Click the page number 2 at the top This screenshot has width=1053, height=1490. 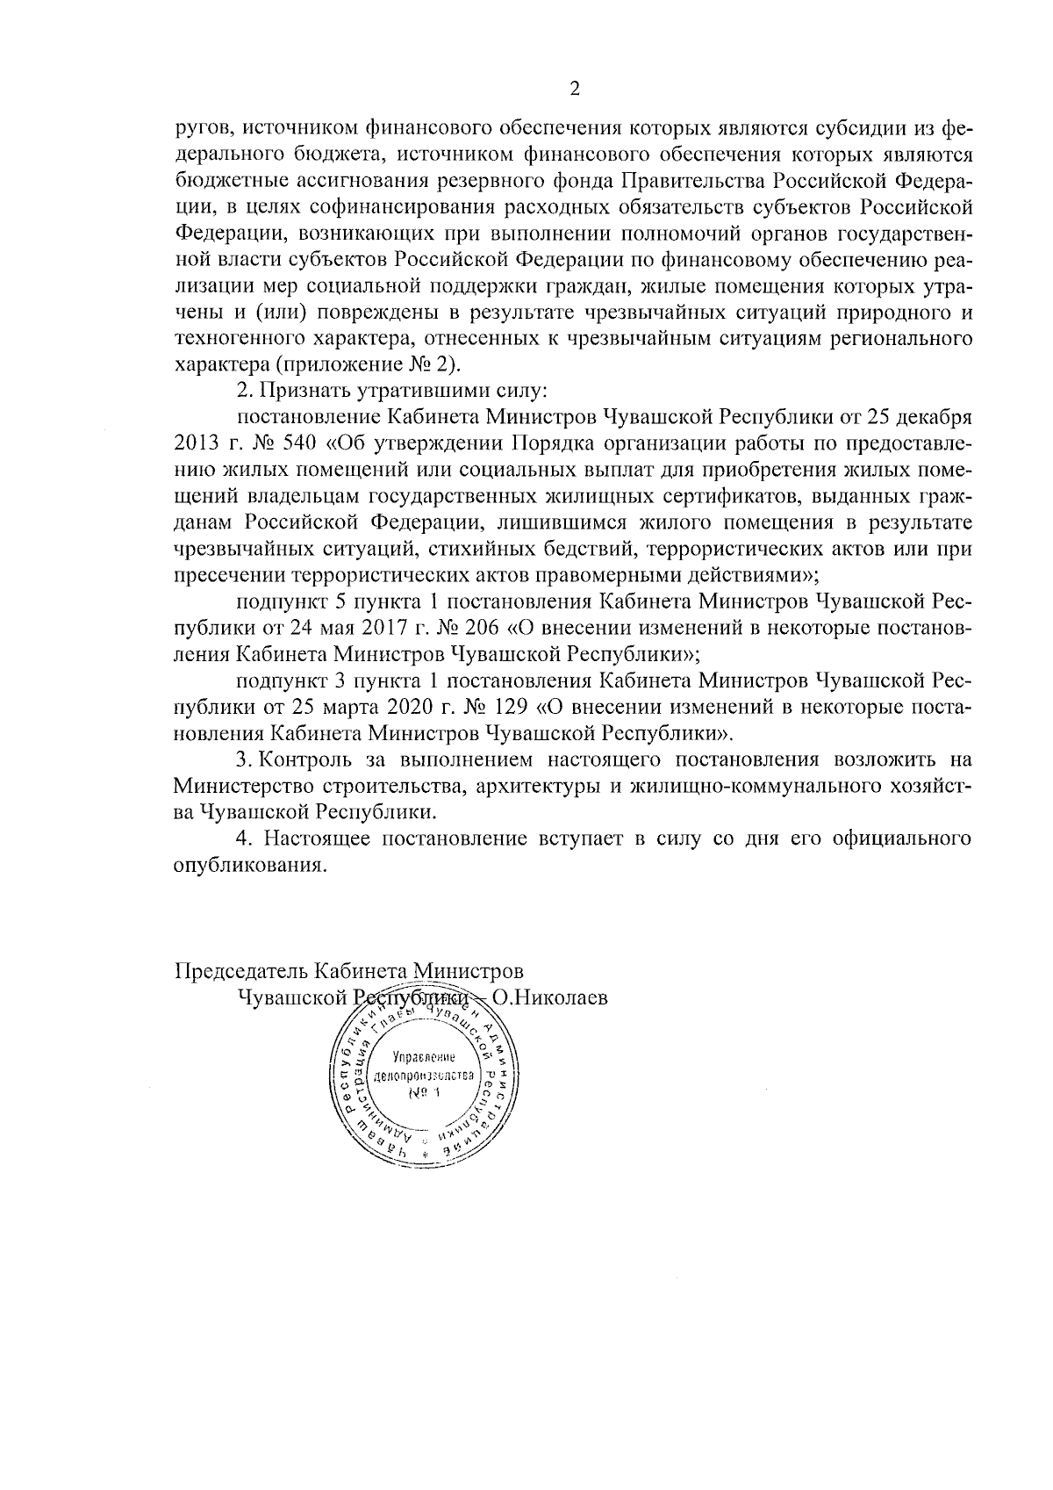point(575,89)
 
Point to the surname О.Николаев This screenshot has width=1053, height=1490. point(549,997)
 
